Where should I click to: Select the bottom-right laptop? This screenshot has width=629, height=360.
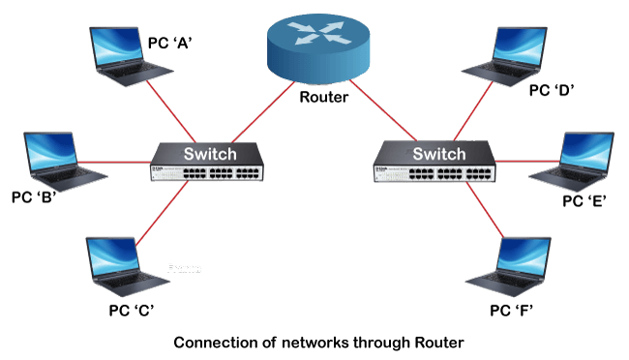click(x=507, y=264)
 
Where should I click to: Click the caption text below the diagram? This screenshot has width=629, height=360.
click(x=318, y=341)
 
